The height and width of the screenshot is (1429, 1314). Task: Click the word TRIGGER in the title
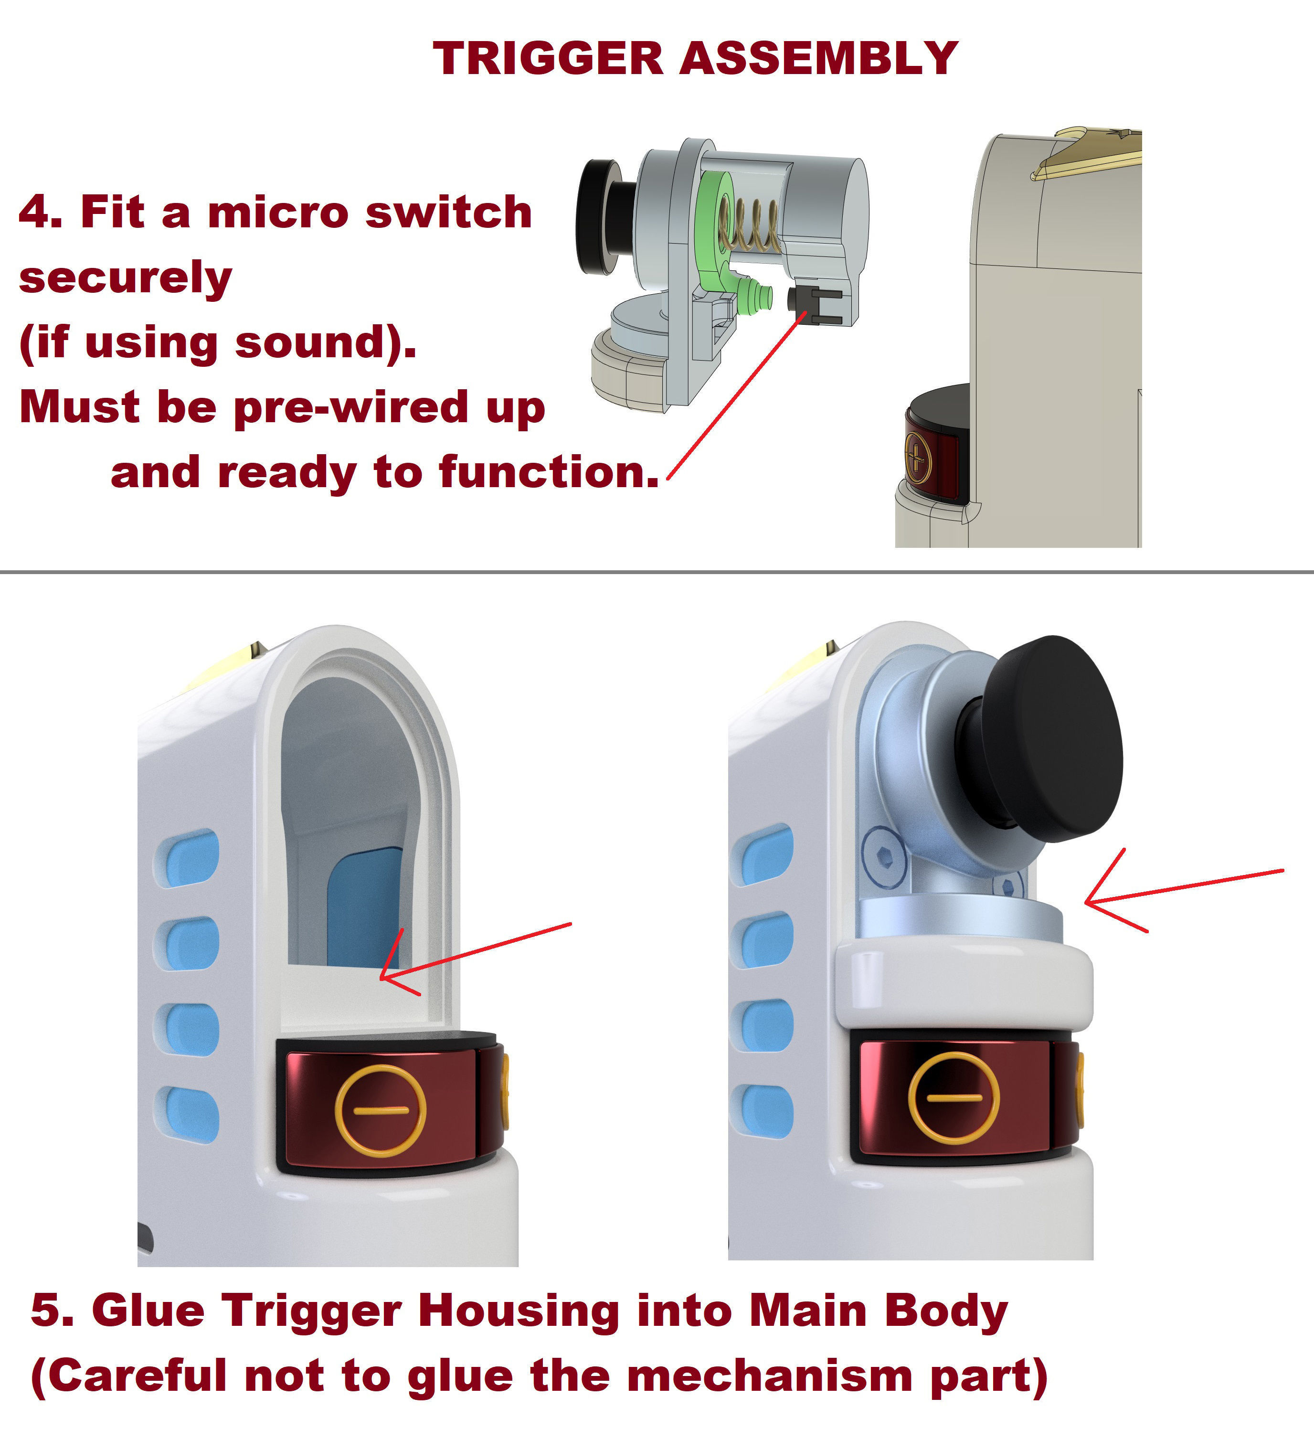click(548, 58)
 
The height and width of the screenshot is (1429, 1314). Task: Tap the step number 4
click(40, 212)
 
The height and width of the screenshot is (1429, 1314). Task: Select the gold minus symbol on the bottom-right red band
click(954, 1098)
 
